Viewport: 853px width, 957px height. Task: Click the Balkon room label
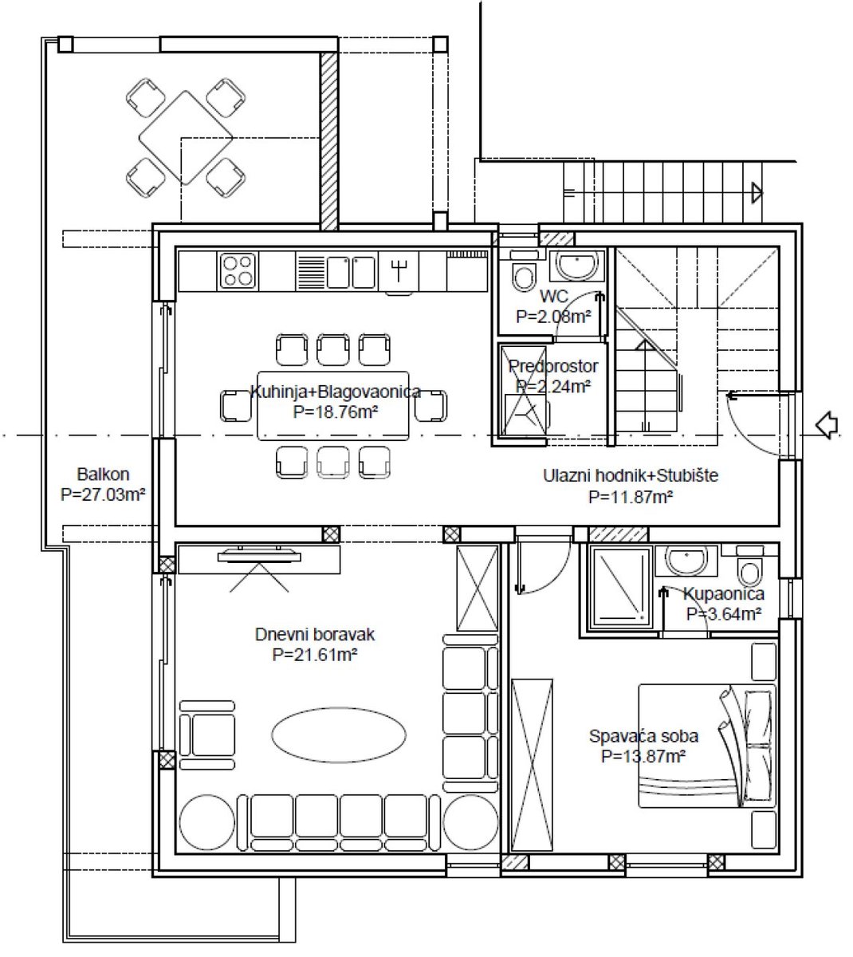point(103,475)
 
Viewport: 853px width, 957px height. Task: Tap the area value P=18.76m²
point(336,412)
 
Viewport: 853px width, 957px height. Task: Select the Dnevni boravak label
point(315,634)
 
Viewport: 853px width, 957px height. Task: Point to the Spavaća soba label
point(643,736)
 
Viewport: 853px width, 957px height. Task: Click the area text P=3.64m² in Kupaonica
point(724,614)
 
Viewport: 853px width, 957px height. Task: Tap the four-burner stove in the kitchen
point(238,270)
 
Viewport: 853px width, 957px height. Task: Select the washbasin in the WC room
point(576,265)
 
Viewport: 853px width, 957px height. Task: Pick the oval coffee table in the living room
point(339,735)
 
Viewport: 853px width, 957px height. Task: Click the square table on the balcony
point(186,138)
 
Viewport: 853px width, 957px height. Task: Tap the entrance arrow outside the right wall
point(827,425)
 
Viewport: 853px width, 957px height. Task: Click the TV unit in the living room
point(258,559)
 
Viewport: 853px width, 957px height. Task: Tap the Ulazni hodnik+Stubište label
point(631,475)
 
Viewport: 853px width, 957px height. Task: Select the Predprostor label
point(553,366)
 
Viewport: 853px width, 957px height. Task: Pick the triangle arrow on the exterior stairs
point(757,193)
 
